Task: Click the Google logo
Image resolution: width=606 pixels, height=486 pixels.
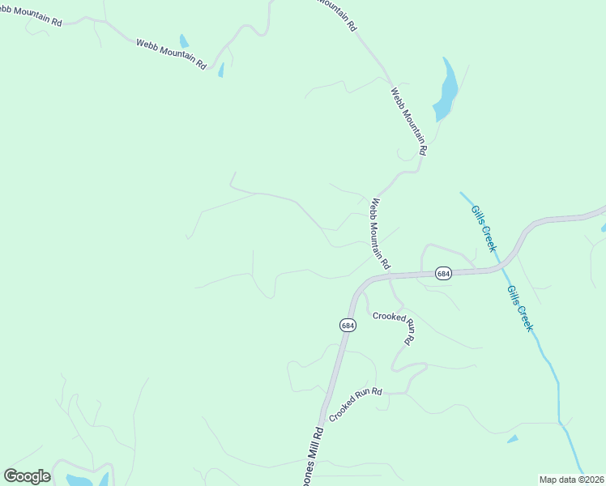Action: coord(27,476)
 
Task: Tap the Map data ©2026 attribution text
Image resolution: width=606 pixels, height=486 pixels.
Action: coord(571,480)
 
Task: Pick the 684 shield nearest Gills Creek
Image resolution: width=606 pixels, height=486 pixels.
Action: coord(442,273)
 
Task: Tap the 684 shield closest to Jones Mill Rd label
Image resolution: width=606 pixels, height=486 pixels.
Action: coord(347,325)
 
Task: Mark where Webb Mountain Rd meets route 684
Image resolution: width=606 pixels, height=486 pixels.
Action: coord(390,275)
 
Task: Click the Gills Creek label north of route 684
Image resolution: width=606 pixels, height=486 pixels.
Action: coord(484,228)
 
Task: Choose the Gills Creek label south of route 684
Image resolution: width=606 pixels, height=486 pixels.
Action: coord(519,308)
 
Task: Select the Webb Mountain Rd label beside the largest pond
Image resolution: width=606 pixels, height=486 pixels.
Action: coord(409,122)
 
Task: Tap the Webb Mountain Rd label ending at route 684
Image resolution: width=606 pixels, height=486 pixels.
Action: coord(380,234)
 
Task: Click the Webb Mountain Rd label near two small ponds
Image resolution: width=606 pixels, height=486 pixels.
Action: coord(171,53)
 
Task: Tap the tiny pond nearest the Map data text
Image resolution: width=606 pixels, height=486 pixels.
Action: coord(512,439)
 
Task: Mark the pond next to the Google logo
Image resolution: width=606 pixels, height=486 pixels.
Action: coord(81,480)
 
